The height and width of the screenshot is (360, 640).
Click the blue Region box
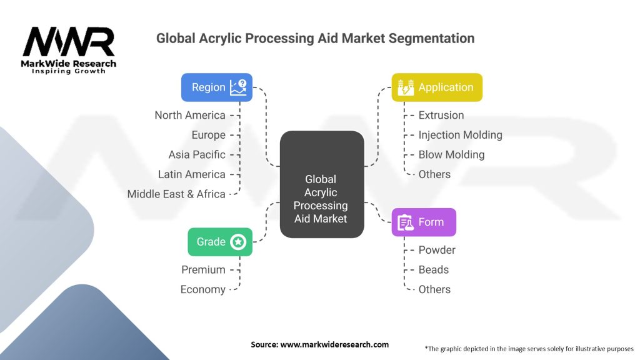point(216,87)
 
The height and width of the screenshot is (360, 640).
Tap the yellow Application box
point(437,87)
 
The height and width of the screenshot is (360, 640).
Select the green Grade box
point(220,242)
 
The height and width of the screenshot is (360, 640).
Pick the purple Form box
point(424,222)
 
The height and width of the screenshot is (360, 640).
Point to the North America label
point(190,115)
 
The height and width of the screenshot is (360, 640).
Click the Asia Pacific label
point(196,154)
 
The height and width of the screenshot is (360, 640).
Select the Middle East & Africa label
point(176,194)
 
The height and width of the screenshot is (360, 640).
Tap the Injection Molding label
point(460,135)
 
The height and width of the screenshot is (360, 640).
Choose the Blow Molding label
point(451,154)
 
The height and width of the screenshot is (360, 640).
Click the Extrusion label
point(441,115)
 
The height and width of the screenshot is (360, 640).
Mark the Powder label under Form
point(437,250)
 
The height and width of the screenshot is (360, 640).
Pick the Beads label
point(434,269)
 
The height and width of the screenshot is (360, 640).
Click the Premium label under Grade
point(203,269)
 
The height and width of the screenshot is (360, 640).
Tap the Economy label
point(202,289)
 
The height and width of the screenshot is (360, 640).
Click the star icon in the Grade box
point(238,242)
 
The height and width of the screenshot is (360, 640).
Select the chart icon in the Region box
point(238,87)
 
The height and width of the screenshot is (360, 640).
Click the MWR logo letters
point(69,42)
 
